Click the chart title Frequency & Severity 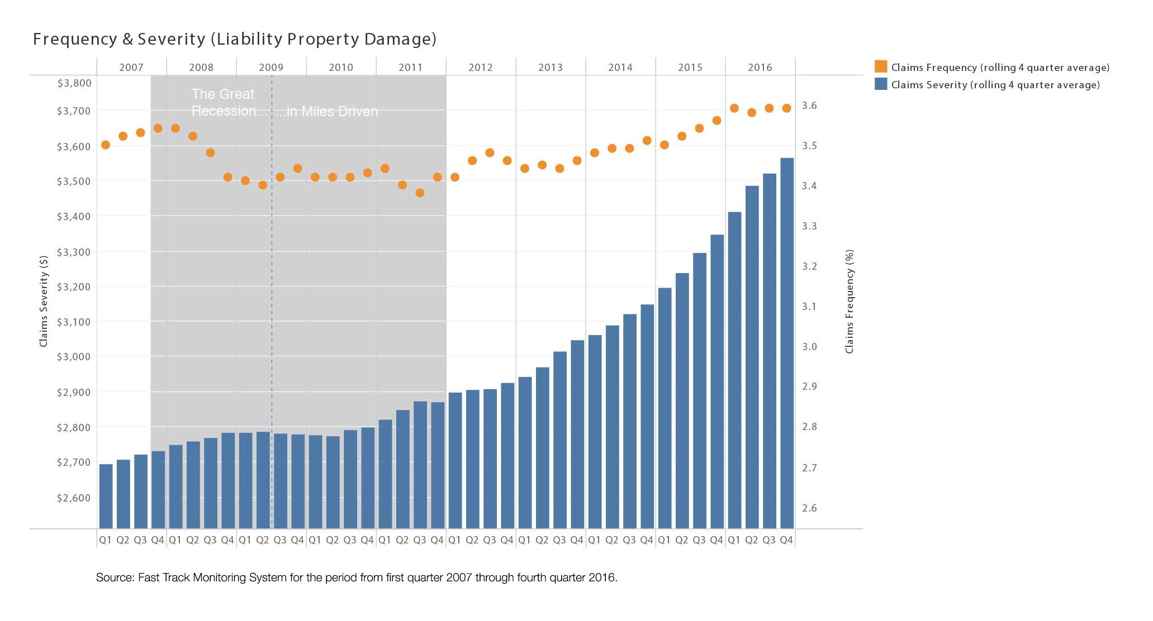tap(234, 39)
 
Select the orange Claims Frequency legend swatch tap(881, 67)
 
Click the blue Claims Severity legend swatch tap(881, 84)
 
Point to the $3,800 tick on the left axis tap(74, 83)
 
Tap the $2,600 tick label tap(74, 498)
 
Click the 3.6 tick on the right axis tap(809, 106)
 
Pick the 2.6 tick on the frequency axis tap(809, 508)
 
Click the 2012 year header tap(480, 68)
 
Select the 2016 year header tap(760, 68)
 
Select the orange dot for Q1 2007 tap(106, 145)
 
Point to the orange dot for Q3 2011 tap(420, 193)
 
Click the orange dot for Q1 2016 tap(734, 108)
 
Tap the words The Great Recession tap(223, 103)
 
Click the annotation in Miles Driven tap(328, 112)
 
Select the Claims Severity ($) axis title tap(44, 301)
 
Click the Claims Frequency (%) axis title tap(850, 301)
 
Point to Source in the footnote tap(114, 577)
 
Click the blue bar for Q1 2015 tap(665, 408)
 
